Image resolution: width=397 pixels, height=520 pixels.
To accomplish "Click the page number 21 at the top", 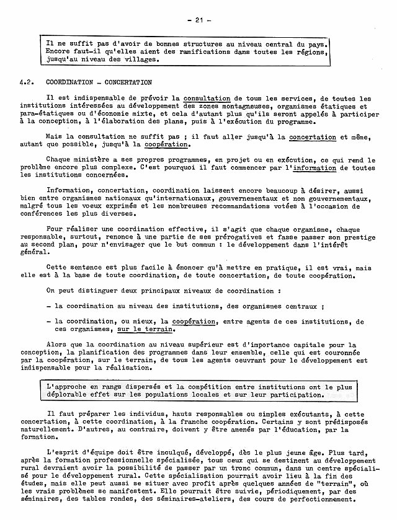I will (199, 20).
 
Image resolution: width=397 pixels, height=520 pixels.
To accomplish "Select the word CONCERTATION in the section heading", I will (128, 82).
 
